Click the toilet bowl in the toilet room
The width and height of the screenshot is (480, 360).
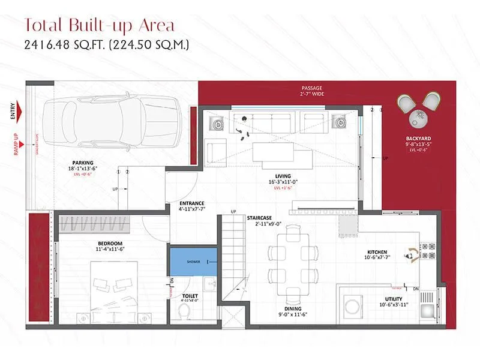(185, 311)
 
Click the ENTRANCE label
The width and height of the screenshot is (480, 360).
(192, 203)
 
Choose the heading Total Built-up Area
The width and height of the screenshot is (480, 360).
(99, 26)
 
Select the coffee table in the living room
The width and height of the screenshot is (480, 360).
(283, 152)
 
